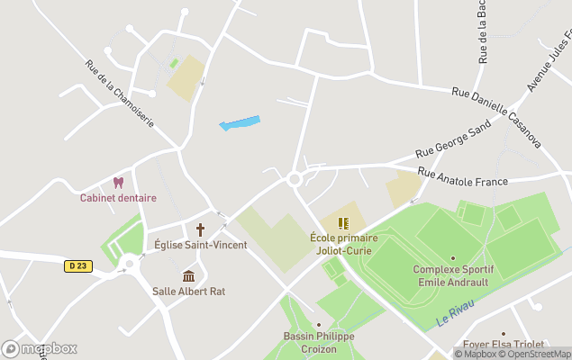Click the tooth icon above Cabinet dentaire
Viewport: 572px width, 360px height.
click(x=118, y=183)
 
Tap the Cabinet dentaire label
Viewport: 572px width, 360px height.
click(x=118, y=198)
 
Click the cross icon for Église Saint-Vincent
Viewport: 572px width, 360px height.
click(x=200, y=229)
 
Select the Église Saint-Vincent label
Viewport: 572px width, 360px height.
click(x=200, y=245)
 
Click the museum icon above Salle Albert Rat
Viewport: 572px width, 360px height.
click(x=188, y=275)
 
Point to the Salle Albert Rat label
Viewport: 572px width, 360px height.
click(x=188, y=291)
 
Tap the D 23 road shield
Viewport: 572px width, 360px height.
click(x=78, y=265)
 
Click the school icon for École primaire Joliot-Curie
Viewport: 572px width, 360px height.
click(x=342, y=222)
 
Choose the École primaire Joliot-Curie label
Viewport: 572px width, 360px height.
click(x=342, y=244)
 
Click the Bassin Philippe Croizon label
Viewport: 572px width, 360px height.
click(x=319, y=342)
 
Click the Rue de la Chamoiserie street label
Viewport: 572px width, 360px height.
click(x=120, y=93)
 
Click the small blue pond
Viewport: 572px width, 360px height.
click(x=240, y=122)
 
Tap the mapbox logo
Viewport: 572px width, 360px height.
click(x=40, y=348)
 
